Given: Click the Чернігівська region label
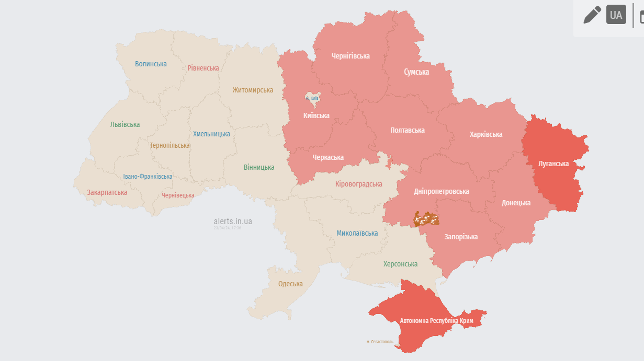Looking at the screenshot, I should tap(351, 56).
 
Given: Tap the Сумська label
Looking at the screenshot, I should tap(416, 72).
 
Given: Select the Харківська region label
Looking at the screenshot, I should tap(485, 134).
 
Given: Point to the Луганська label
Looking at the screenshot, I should tap(553, 164).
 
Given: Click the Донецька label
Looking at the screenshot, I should tap(516, 203).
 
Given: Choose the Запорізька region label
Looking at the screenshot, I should tap(461, 237).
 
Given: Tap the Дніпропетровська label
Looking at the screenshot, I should tap(442, 191).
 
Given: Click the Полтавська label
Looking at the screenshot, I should tap(408, 130).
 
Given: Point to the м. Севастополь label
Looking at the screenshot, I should tap(380, 342).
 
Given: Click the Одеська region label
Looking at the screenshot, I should tap(290, 284).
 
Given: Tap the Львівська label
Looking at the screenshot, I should tap(125, 124).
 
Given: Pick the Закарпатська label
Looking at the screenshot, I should tap(107, 192).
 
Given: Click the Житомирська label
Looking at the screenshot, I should tap(253, 90).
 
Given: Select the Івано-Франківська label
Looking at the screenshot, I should tap(148, 177).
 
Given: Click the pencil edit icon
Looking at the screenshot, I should tap(592, 15).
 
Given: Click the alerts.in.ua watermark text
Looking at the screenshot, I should tap(233, 221).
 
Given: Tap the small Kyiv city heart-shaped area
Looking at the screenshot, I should tap(312, 98).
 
